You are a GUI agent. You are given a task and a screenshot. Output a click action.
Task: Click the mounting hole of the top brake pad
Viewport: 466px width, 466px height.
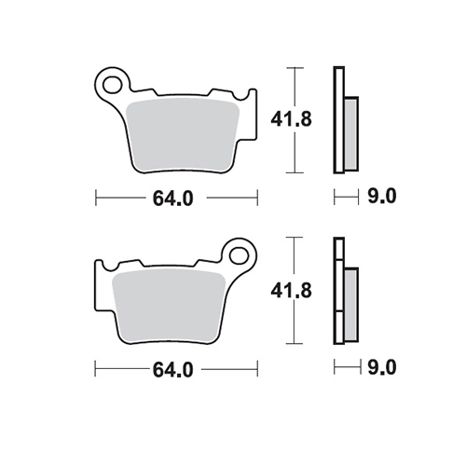tap(112, 84)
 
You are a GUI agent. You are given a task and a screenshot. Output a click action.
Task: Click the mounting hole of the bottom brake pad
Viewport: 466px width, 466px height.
tap(239, 255)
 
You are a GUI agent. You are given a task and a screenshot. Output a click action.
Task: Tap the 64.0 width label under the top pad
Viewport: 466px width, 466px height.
tap(173, 199)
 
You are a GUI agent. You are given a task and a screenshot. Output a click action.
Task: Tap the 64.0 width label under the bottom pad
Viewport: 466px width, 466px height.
tap(173, 370)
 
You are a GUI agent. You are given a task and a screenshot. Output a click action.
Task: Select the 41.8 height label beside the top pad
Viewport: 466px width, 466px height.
tap(291, 119)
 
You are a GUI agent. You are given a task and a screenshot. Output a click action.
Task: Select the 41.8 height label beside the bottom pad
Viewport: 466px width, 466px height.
tap(291, 291)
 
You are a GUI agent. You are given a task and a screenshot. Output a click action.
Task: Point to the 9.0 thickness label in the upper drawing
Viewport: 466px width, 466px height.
tap(382, 197)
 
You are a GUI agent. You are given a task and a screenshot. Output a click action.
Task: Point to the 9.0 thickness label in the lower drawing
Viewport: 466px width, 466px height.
tap(382, 368)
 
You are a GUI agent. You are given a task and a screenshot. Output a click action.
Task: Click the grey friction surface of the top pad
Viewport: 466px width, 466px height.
tap(183, 136)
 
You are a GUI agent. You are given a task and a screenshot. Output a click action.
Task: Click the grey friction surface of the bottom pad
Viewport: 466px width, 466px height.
tap(169, 307)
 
